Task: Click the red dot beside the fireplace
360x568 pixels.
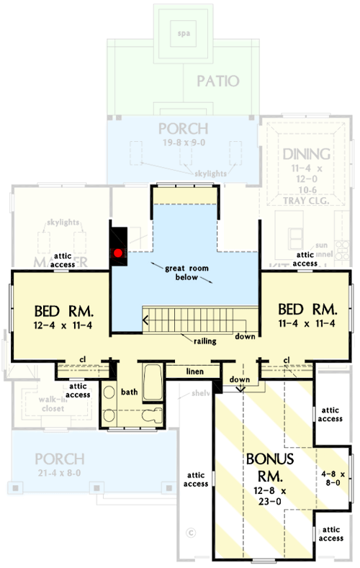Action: [117, 253]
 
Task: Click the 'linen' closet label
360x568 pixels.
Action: [192, 371]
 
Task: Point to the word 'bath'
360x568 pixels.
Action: [129, 393]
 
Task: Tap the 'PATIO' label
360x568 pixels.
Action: [217, 81]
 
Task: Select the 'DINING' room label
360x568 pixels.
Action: [306, 153]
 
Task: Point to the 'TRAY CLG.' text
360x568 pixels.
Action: [307, 201]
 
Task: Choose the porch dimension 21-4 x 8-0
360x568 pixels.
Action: [58, 472]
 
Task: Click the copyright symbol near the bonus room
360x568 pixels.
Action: [191, 533]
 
